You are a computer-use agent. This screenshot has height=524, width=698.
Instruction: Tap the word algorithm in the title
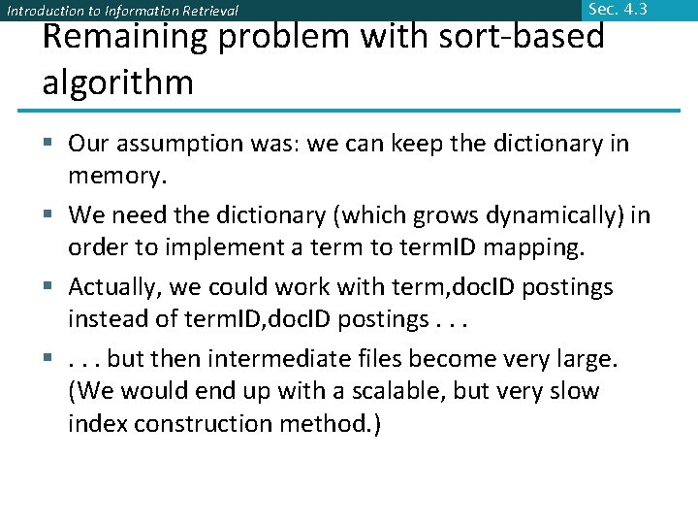pos(117,82)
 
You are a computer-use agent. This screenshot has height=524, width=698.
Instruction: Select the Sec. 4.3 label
pos(617,10)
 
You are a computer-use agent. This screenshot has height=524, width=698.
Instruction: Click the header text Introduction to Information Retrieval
pos(122,12)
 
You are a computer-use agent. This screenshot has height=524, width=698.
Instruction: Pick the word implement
pos(224,248)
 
